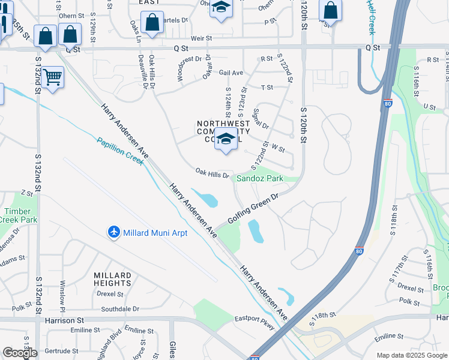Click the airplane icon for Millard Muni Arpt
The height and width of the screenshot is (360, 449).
coord(114,232)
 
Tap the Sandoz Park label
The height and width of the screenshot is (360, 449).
coord(259,178)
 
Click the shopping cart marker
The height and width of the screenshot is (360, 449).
coord(53,77)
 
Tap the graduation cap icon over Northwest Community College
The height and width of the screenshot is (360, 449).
coord(226,139)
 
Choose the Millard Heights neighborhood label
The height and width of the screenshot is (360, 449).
coord(112,279)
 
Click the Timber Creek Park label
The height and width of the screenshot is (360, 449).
coord(20,215)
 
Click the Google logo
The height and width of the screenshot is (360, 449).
coord(20,353)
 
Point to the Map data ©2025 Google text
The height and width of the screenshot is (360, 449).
coord(412,355)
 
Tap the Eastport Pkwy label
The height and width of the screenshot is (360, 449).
coord(254,322)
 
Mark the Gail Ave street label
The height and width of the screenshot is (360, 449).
coord(231,73)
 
